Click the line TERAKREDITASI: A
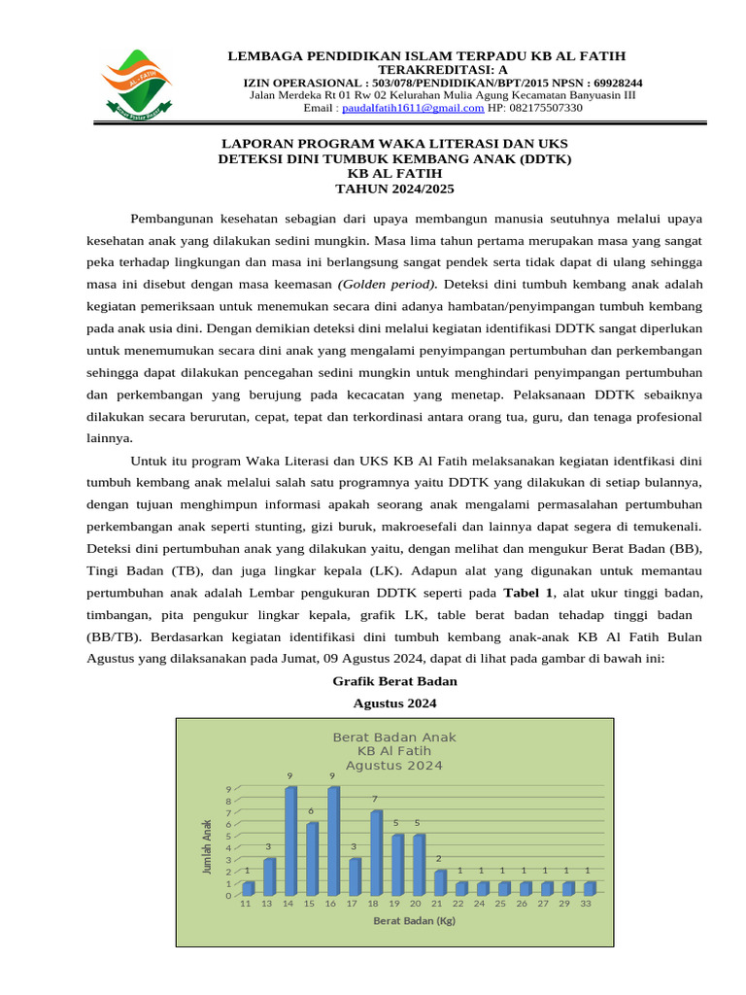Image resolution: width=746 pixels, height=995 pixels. (x=427, y=70)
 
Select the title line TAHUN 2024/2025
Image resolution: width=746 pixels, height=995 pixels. (x=394, y=189)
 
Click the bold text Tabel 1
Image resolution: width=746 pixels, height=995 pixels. (x=528, y=593)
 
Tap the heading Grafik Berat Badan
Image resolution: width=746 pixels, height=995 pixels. (x=394, y=681)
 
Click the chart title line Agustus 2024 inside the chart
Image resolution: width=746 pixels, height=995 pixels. (x=394, y=765)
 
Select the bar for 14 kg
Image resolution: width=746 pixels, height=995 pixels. (x=289, y=841)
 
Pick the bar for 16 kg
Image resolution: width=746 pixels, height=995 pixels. (x=332, y=841)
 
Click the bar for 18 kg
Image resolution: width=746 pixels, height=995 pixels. (x=375, y=853)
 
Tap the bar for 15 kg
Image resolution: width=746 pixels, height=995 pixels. (x=311, y=859)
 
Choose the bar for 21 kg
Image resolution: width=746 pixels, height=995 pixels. (x=439, y=882)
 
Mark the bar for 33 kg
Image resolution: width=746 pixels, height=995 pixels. (x=589, y=888)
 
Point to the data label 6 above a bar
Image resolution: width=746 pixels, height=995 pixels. (x=312, y=810)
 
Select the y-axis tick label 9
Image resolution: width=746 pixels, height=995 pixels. (x=229, y=789)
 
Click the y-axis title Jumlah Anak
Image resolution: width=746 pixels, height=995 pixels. (x=207, y=845)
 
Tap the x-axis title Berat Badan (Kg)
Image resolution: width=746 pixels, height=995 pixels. (x=415, y=920)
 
